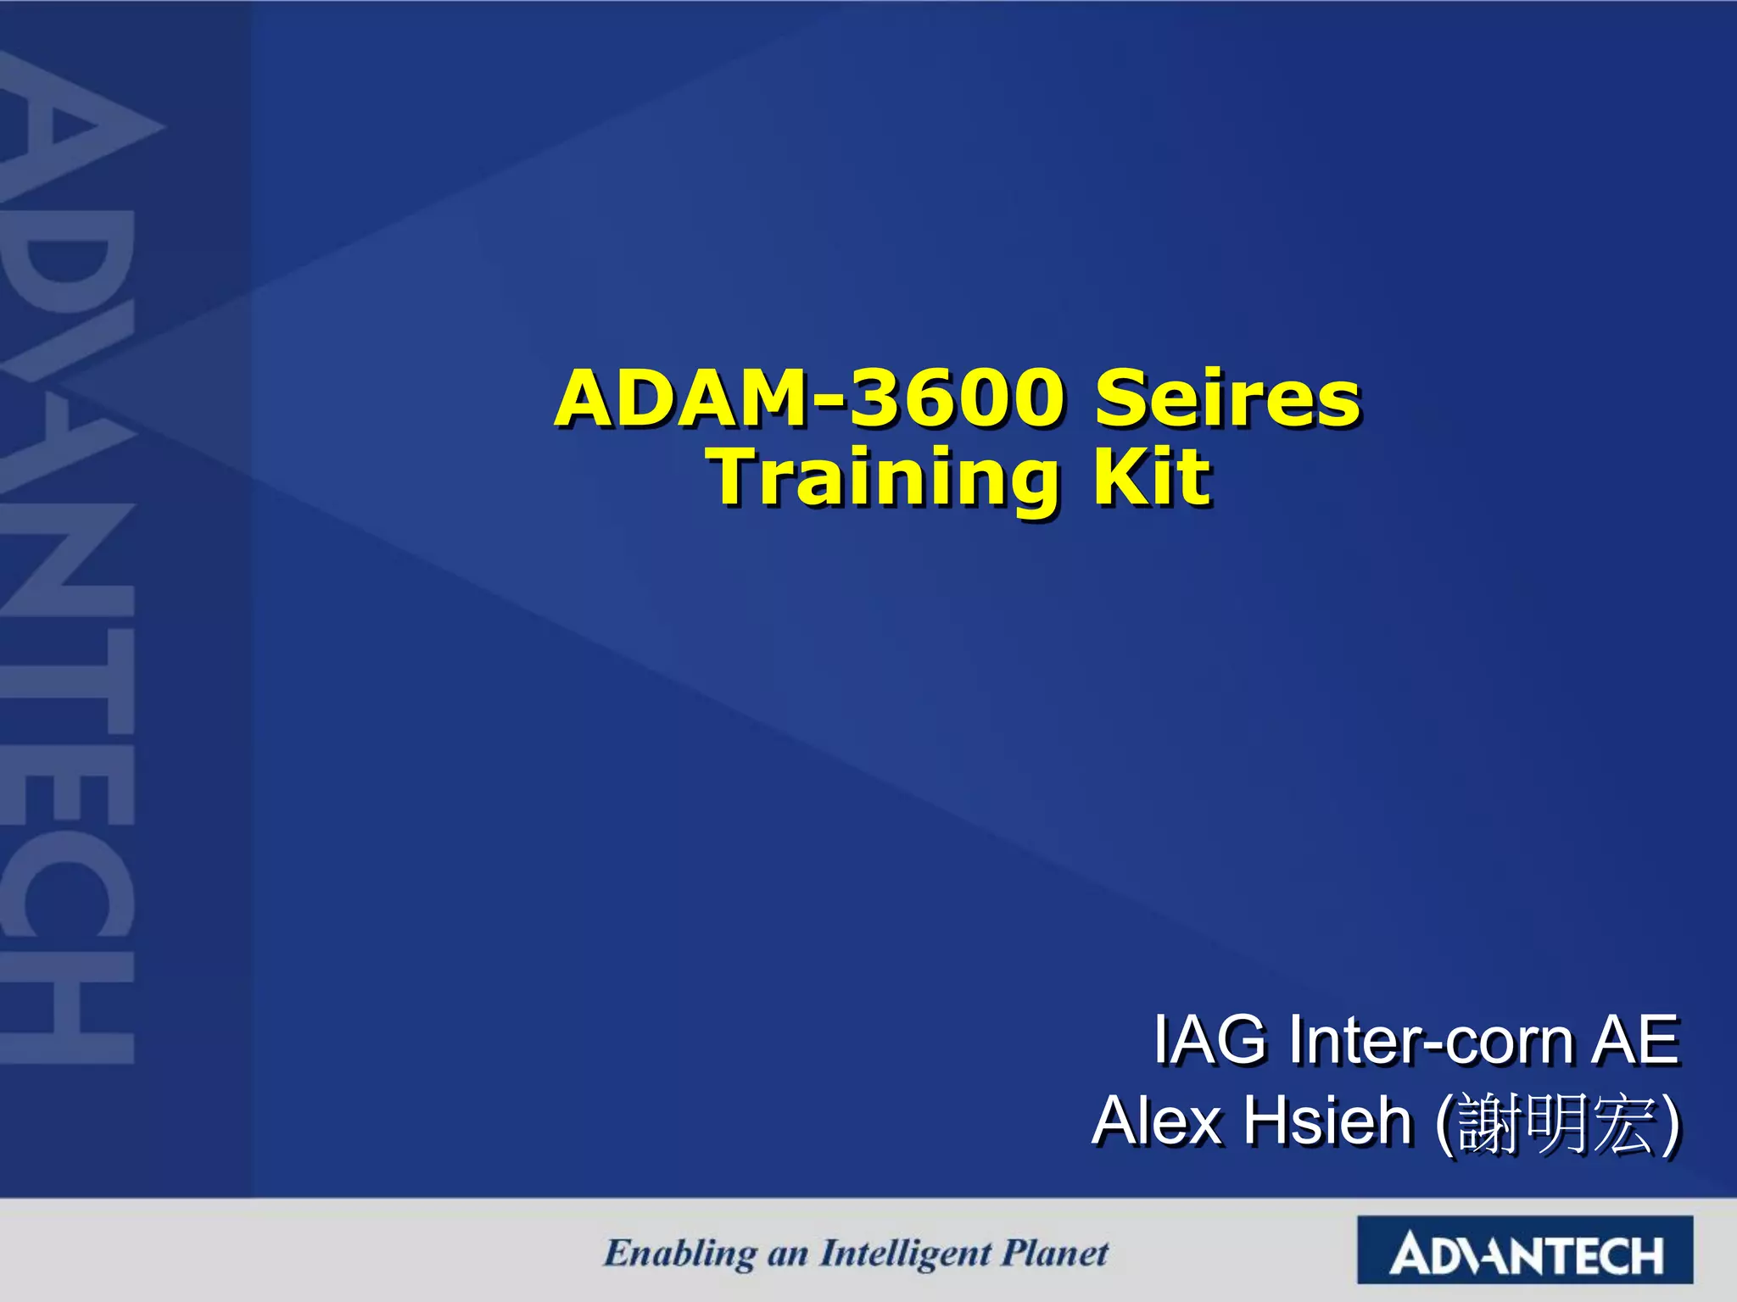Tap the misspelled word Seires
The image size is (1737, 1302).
[x=1227, y=398]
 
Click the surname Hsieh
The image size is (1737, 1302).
[x=1327, y=1121]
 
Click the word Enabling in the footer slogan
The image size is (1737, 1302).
[x=679, y=1254]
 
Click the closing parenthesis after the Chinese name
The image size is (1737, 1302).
[x=1669, y=1124]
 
